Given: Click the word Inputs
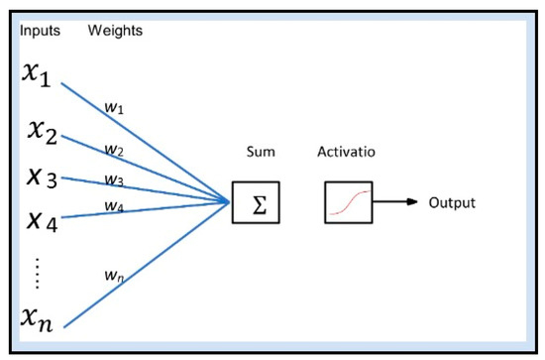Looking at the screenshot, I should [41, 31].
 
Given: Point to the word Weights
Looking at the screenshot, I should [116, 31].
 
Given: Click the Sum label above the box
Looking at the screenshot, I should [259, 155].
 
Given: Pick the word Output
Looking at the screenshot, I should [452, 203].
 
